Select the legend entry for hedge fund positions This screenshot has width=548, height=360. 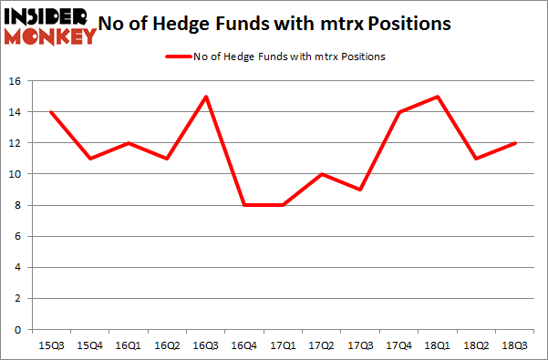click(274, 57)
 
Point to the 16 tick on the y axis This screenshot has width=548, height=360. click(16, 81)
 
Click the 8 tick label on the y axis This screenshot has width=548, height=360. click(19, 205)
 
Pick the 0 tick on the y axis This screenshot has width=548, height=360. click(19, 329)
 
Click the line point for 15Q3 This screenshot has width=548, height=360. click(50, 112)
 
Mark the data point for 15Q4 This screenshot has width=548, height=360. click(90, 159)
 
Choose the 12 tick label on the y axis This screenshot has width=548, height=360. click(16, 143)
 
